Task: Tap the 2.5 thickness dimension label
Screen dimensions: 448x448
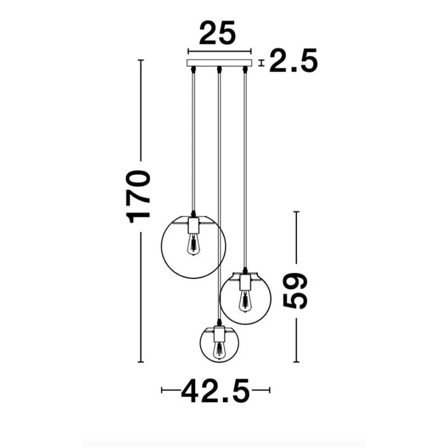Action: pyautogui.click(x=293, y=61)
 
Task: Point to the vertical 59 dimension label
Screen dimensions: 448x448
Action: pyautogui.click(x=296, y=291)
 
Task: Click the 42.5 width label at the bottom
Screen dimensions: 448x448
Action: pyautogui.click(x=216, y=391)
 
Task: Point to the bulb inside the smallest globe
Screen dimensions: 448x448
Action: pyautogui.click(x=219, y=350)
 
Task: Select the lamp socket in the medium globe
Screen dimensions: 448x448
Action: pyautogui.click(x=244, y=282)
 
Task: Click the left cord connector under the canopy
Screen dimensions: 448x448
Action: pyautogui.click(x=194, y=70)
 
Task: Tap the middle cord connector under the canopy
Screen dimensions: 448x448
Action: pyautogui.click(x=219, y=70)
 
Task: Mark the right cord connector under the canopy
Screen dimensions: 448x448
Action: pyautogui.click(x=244, y=70)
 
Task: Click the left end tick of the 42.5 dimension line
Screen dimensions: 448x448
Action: pyautogui.click(x=162, y=390)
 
